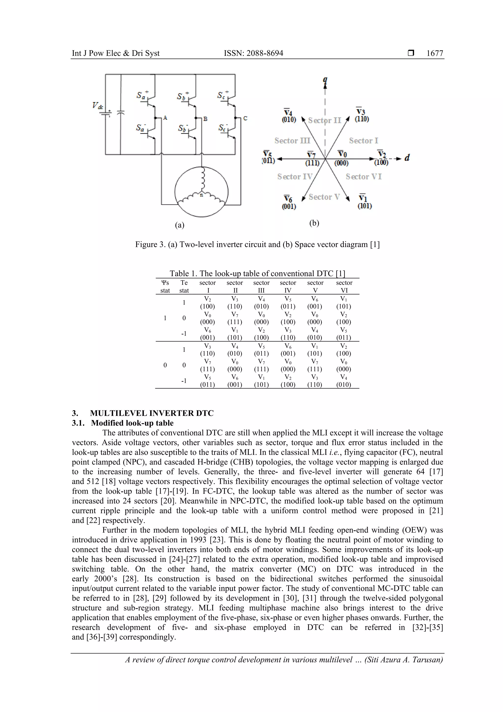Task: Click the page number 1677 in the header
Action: tap(434, 53)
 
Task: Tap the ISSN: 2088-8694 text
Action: tap(253, 53)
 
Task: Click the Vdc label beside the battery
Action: tap(97, 106)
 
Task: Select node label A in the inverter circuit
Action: tap(165, 118)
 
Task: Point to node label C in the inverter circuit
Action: tap(245, 118)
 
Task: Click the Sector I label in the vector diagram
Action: tap(363, 141)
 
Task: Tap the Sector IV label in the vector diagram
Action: tap(295, 177)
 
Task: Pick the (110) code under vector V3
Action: tap(362, 119)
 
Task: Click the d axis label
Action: tap(407, 158)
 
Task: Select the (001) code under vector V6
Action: tap(289, 206)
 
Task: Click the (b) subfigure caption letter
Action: tap(314, 223)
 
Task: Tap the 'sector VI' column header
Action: tap(344, 287)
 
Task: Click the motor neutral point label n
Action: tap(201, 195)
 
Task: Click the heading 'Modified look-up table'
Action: tap(132, 423)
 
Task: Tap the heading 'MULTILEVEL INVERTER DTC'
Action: tap(152, 413)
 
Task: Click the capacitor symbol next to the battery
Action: tap(121, 112)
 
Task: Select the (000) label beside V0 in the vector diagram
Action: tap(341, 163)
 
